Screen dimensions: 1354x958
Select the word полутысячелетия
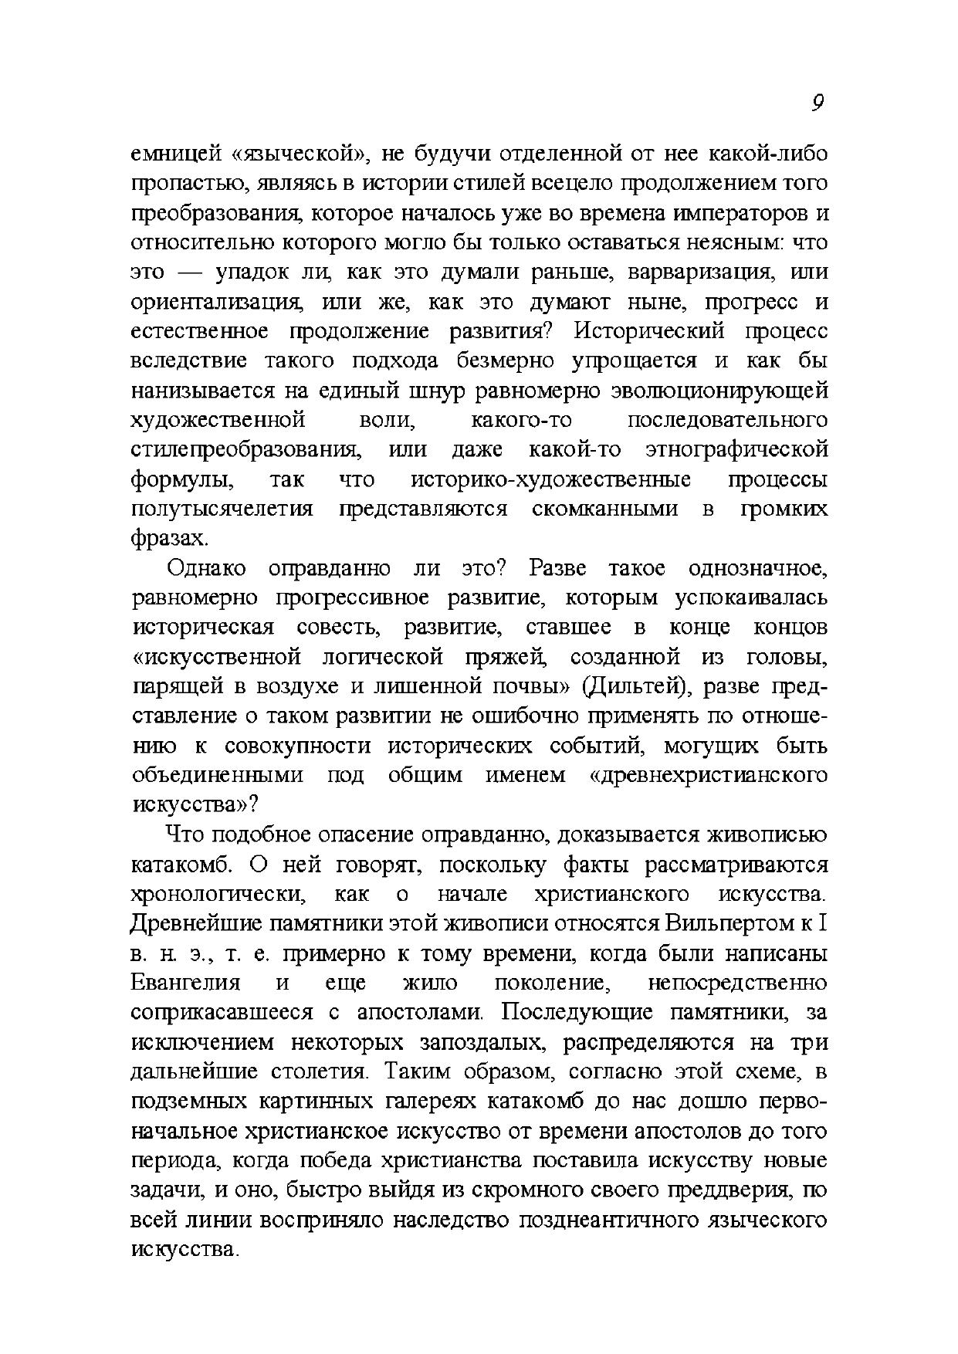point(222,509)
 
